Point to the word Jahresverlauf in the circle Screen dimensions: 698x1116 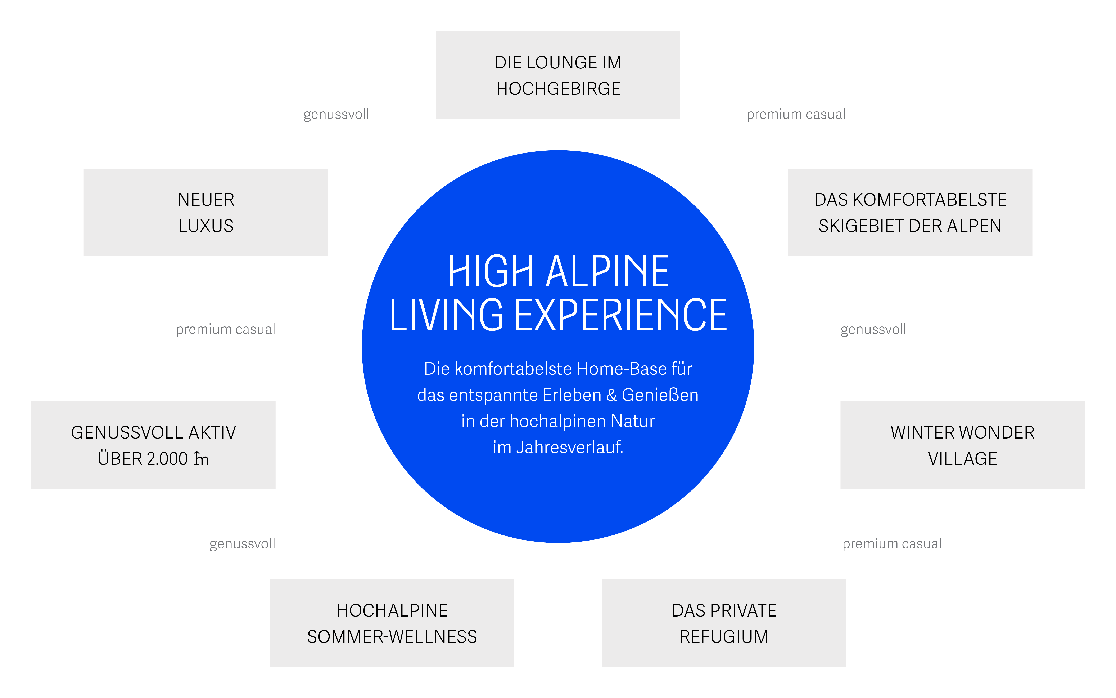[570, 447]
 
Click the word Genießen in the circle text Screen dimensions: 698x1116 [660, 395]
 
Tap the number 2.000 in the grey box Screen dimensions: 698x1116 [167, 459]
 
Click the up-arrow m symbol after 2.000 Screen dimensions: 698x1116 [201, 459]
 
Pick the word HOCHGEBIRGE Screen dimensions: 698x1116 [558, 89]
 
